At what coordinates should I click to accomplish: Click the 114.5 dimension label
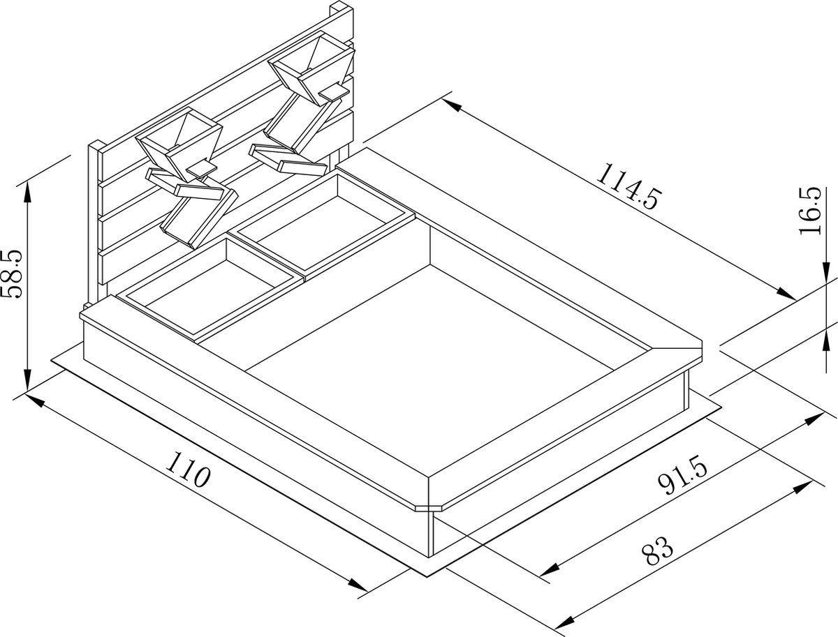[627, 186]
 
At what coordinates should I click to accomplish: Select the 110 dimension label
[189, 469]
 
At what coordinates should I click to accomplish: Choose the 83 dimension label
[657, 550]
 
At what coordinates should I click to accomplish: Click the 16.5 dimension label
[810, 211]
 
